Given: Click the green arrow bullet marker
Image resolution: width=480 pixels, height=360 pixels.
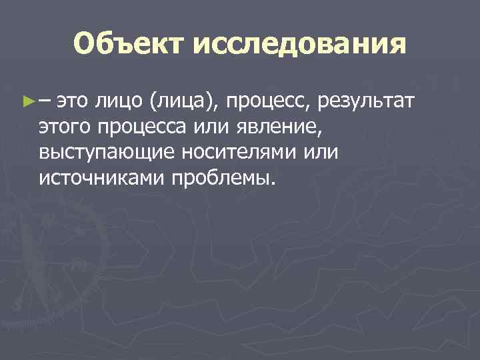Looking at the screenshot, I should coord(28,102).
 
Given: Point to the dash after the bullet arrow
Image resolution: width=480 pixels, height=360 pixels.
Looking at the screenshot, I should coord(45,102).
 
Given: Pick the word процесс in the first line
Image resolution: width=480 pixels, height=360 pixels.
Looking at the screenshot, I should coord(264,102).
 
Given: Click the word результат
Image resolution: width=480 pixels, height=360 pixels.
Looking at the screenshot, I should coord(367,102).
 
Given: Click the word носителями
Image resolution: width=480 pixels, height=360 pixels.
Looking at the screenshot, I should coord(229,153).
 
